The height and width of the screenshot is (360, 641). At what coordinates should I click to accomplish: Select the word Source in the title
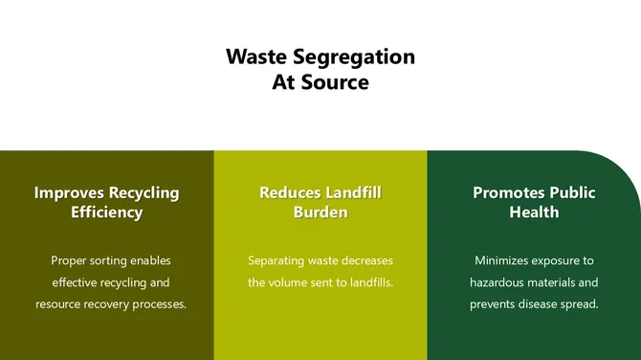coord(333,82)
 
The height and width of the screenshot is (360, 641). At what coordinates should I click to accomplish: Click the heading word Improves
coord(70,192)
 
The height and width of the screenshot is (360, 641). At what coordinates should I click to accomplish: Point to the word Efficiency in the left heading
coord(106,213)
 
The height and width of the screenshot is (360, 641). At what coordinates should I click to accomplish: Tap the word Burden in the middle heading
coord(320,213)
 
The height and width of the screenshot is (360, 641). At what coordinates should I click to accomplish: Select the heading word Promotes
coord(509,192)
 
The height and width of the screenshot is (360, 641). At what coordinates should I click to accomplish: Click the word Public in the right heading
coord(573,192)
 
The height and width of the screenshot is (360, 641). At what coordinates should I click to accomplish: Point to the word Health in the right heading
coord(534,213)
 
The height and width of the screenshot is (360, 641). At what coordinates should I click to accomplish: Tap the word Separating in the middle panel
coord(277,260)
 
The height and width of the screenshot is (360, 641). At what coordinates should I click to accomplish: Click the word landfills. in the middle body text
coord(368,282)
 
